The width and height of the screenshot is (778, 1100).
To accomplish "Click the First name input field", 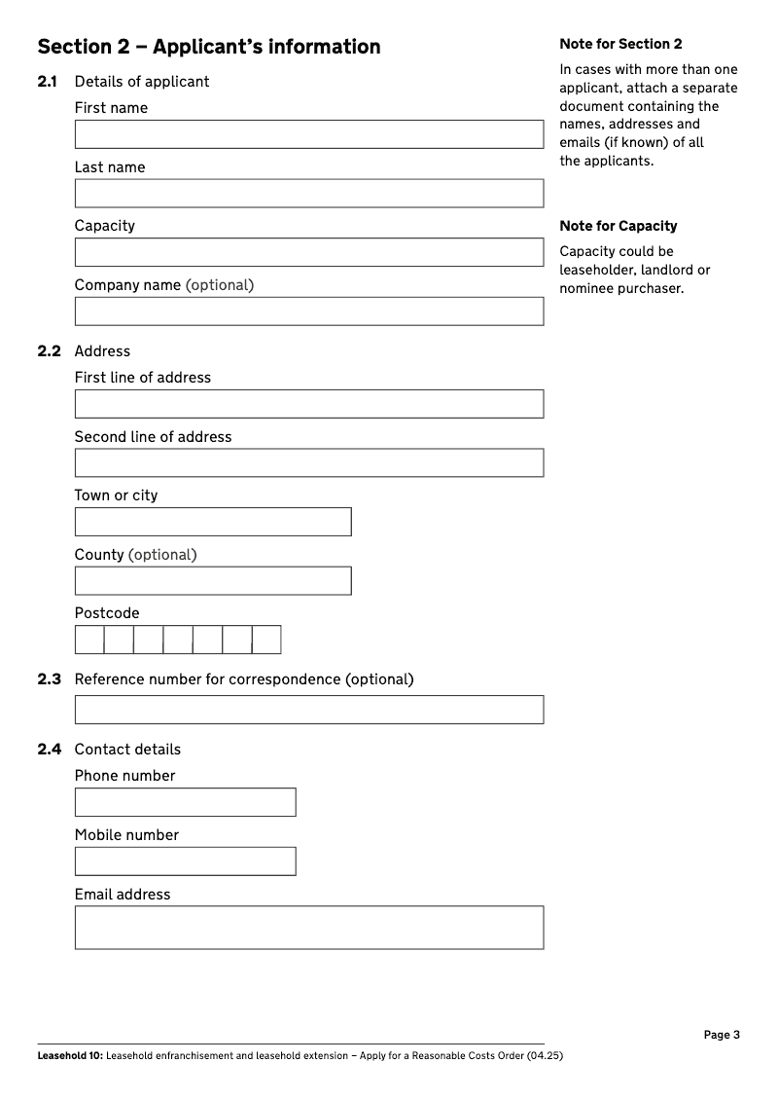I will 309,134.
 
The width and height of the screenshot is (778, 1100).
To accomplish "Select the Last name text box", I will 309,193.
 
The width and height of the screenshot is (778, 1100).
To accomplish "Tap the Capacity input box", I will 309,252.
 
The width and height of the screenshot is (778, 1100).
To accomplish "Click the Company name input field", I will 309,312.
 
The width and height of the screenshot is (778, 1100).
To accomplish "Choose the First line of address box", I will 309,404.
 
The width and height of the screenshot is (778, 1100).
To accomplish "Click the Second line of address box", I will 309,462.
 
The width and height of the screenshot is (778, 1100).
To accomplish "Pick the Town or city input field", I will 213,522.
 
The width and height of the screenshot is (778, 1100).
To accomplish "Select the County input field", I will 213,581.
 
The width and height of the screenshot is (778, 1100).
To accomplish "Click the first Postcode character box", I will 89,640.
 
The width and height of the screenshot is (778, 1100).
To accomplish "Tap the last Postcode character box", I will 266,640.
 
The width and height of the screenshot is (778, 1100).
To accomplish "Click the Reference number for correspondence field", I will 309,710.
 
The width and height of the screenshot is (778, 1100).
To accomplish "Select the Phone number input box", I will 185,802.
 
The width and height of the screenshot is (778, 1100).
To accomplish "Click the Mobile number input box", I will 185,862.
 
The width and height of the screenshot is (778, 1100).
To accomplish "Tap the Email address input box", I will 309,928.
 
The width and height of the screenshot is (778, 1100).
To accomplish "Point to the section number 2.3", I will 50,679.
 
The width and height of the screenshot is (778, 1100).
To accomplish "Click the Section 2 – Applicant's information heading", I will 209,47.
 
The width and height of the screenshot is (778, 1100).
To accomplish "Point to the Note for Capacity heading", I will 619,226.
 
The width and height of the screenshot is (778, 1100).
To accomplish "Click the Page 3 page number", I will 722,1035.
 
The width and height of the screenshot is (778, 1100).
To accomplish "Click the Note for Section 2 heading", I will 620,44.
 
